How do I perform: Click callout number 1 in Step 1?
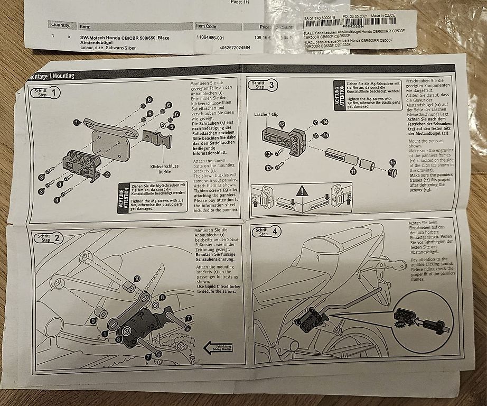pyautogui.click(x=77, y=123)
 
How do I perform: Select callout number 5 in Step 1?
pyautogui.click(x=170, y=127)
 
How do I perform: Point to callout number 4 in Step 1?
pyautogui.click(x=57, y=200)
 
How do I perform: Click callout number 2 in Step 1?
pyautogui.click(x=107, y=174)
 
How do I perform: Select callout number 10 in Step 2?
pyautogui.click(x=137, y=278)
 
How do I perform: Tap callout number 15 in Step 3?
pyautogui.click(x=392, y=163)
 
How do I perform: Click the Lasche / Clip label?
pyautogui.click(x=267, y=114)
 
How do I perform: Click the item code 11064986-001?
pyautogui.click(x=210, y=38)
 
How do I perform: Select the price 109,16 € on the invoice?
pyautogui.click(x=263, y=38)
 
